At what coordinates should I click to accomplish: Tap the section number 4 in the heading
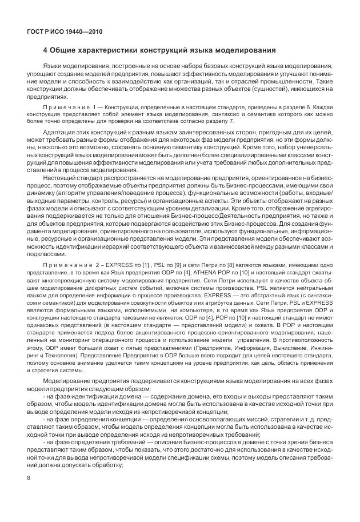(x=46, y=51)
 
